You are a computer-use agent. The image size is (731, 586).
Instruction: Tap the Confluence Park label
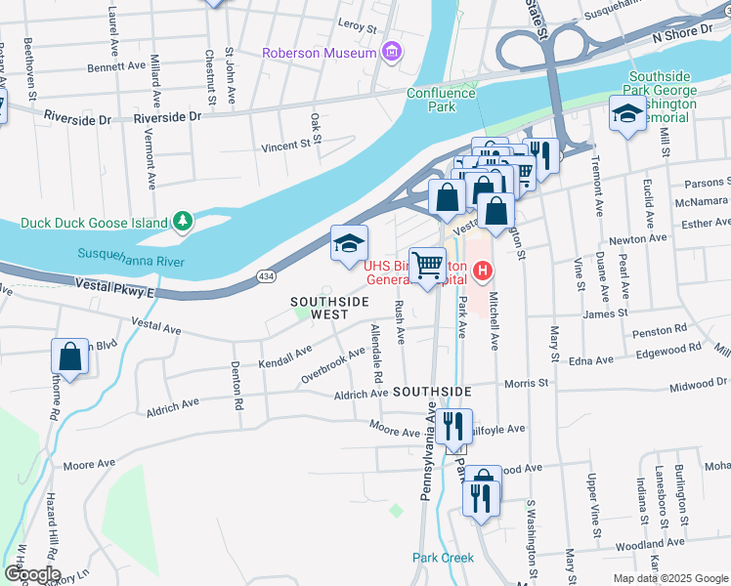441,100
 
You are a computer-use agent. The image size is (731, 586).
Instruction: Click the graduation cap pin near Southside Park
626,114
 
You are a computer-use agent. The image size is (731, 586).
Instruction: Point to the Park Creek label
443,558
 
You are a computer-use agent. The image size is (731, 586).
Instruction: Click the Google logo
31,574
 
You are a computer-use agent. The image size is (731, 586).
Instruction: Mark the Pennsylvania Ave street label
427,459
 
